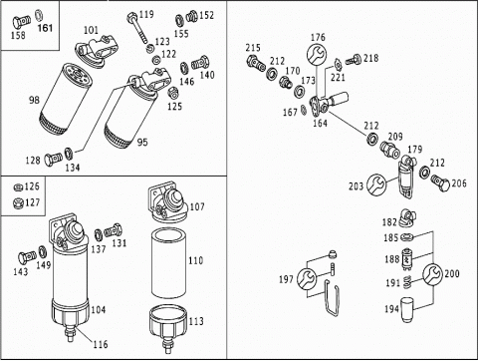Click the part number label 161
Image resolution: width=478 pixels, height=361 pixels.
(45, 28)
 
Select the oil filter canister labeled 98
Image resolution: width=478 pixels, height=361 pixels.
(66, 100)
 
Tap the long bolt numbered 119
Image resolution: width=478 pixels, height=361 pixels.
(137, 28)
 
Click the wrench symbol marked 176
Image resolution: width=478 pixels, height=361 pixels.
(316, 54)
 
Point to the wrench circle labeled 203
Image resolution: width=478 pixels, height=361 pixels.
(376, 184)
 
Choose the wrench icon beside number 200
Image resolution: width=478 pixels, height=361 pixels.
(433, 274)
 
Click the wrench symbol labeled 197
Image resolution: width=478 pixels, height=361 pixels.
(307, 278)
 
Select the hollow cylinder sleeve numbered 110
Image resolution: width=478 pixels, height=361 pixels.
(169, 262)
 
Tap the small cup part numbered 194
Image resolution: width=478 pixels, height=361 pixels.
(407, 310)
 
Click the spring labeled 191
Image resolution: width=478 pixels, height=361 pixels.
(408, 283)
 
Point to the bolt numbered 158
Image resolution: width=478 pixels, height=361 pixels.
(22, 22)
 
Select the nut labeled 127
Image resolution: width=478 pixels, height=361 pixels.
(17, 202)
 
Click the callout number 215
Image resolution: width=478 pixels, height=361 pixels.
(253, 48)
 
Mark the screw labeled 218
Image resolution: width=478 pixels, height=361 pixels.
(353, 60)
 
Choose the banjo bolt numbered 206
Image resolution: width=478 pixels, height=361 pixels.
(441, 182)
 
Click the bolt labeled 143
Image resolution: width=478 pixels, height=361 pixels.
(27, 257)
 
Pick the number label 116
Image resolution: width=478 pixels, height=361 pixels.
(100, 344)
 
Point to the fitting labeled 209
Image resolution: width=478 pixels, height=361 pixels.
(390, 150)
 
